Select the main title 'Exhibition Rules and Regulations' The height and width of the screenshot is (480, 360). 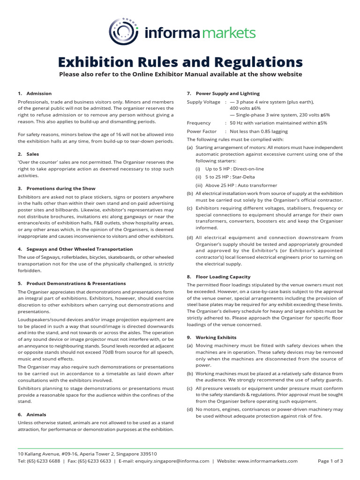coord(180,62)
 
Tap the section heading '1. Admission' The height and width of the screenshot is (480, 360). coord(35,93)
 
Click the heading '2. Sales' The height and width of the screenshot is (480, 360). coord(29,154)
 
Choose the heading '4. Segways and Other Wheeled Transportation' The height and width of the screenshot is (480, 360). coord(75,249)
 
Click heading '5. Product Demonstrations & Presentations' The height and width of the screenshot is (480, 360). coord(72,283)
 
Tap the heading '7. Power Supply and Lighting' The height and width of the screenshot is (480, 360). coord(223,93)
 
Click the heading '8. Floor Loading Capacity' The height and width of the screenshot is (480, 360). coord(218,277)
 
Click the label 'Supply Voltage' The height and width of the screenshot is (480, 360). coord(203,102)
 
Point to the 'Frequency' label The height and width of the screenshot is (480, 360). coord(199,123)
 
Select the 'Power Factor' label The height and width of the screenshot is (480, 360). coord(202,131)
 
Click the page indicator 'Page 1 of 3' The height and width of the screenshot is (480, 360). coord(330,461)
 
